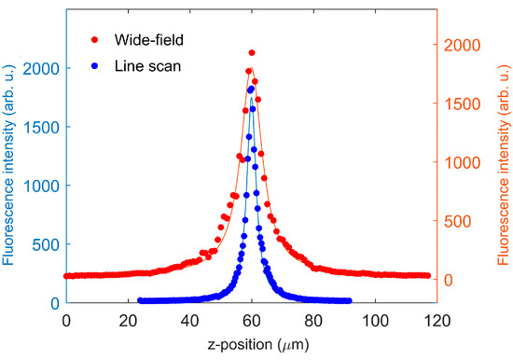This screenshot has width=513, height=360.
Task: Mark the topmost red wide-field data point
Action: click(252, 53)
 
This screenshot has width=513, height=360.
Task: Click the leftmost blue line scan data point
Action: click(140, 300)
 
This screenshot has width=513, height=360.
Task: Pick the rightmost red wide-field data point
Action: click(427, 276)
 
